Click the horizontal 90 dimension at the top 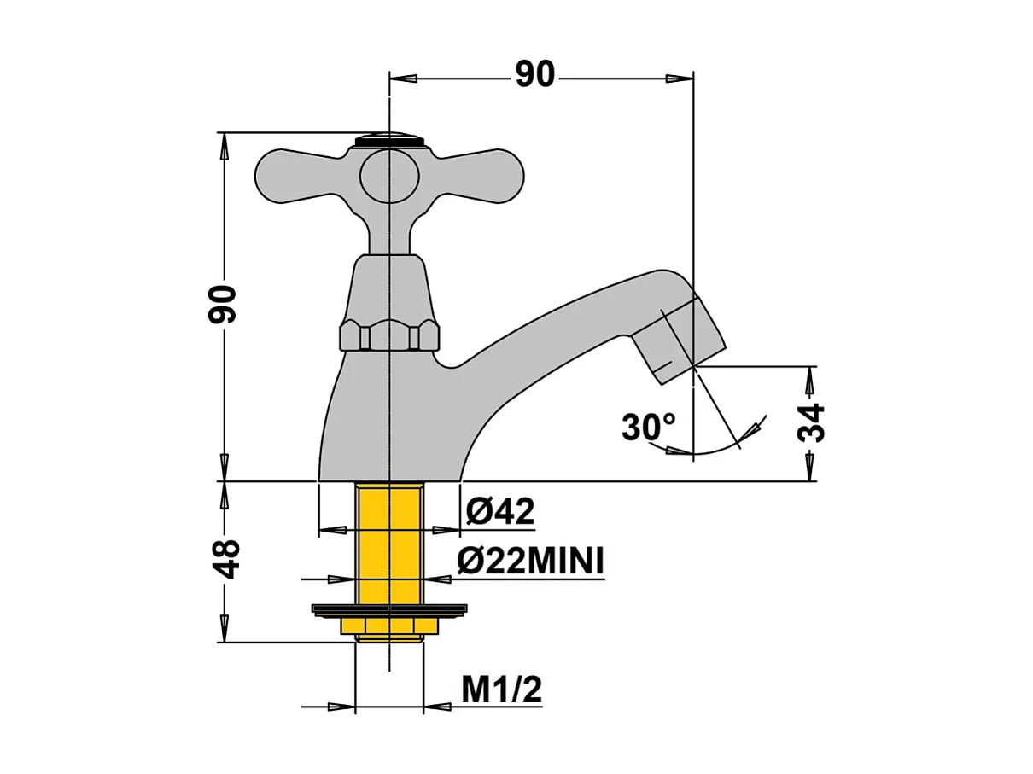click(535, 76)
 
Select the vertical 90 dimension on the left click(223, 304)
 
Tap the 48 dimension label click(225, 559)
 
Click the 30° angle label click(648, 427)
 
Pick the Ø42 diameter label click(500, 511)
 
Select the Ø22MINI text click(530, 562)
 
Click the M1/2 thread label click(501, 690)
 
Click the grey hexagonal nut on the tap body click(389, 335)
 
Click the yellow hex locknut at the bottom click(389, 626)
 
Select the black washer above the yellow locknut click(389, 609)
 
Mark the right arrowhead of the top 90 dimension click(680, 78)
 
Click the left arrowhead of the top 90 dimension click(403, 78)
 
